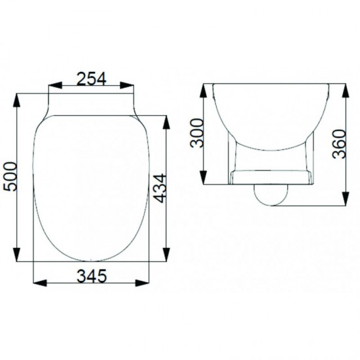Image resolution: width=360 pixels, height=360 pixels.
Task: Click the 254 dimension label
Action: (x=92, y=79)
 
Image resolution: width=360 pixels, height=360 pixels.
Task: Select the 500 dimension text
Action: (x=10, y=176)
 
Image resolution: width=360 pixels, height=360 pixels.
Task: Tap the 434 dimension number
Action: (x=160, y=189)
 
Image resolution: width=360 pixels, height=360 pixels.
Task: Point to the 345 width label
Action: (x=92, y=276)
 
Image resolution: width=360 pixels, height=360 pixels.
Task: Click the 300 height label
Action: (x=197, y=133)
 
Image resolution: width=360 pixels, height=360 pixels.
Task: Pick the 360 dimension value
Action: (x=339, y=144)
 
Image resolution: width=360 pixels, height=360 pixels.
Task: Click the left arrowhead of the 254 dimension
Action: (x=56, y=85)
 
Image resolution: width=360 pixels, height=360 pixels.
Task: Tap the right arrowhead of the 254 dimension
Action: (x=127, y=85)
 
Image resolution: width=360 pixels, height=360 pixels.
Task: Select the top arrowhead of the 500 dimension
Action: (x=16, y=100)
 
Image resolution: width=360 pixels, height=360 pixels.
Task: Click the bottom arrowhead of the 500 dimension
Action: (x=16, y=255)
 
